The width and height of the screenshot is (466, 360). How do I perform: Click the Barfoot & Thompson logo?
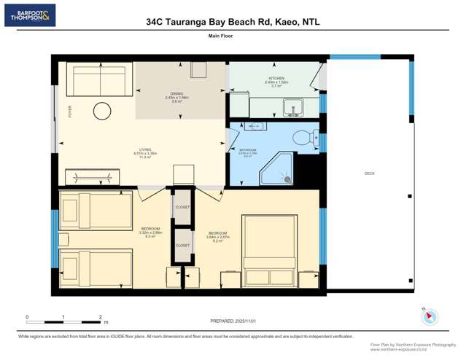(x=29, y=16)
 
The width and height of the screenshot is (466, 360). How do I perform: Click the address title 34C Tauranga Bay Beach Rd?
(x=233, y=21)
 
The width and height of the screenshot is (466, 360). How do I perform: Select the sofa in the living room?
(x=98, y=80)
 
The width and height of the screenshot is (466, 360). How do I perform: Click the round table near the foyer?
(x=101, y=111)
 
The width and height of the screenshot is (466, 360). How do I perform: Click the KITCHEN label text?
(x=276, y=79)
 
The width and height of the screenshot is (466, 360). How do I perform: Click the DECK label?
(x=369, y=173)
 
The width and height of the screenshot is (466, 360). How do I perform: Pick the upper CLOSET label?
(x=182, y=207)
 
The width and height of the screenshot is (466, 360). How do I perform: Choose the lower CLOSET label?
(x=182, y=246)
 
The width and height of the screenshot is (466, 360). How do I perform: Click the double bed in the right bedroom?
(x=270, y=251)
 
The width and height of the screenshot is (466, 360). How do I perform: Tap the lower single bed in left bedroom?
(x=95, y=267)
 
